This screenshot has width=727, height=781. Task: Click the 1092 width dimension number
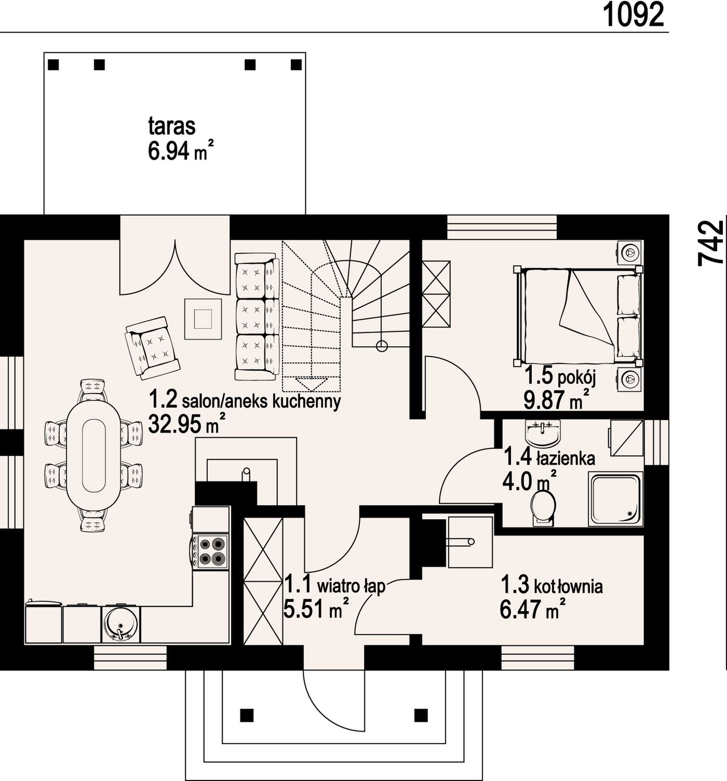[x=633, y=15]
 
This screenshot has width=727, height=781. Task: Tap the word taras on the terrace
[x=172, y=127]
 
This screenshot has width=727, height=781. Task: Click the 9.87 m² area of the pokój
[x=556, y=399]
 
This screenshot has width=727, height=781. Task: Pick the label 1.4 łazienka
[x=549, y=457]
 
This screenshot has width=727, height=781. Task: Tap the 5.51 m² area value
[x=316, y=609]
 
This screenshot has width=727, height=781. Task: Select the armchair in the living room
[x=152, y=347]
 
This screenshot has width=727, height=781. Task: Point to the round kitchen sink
[x=121, y=625]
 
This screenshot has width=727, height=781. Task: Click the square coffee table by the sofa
[x=203, y=319]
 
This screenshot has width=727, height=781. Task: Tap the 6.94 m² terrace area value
[x=181, y=151]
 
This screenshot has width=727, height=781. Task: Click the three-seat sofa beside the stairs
[x=257, y=317]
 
